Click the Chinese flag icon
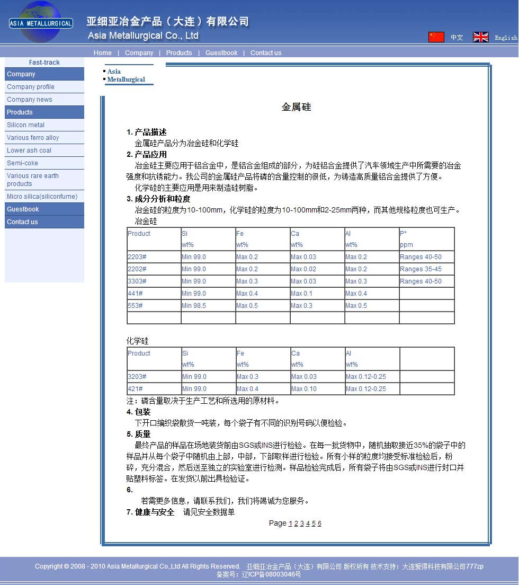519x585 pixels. (436, 37)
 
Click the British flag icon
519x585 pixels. (480, 37)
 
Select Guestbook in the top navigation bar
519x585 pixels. (221, 53)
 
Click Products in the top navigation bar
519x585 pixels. (179, 53)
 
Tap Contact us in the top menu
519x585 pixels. (266, 53)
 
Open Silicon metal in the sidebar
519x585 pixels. (26, 125)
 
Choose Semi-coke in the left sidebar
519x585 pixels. (22, 163)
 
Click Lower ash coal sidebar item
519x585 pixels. (29, 150)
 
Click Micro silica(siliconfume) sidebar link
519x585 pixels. (42, 197)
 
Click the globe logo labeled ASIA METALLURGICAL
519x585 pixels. (41, 22)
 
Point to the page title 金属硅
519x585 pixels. (296, 107)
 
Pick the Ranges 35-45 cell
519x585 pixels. (420, 269)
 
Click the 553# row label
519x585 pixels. (135, 306)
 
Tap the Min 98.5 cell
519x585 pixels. (194, 306)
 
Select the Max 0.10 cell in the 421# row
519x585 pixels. (304, 389)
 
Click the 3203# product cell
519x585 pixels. (137, 377)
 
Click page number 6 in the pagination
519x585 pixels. (319, 524)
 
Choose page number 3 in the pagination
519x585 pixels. (302, 524)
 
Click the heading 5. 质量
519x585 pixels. (139, 434)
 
